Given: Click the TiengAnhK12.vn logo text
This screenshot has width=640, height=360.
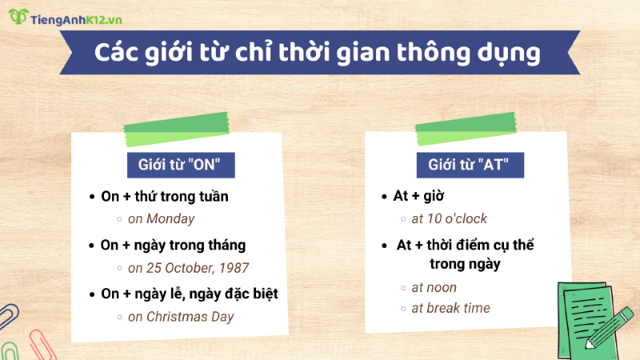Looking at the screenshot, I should [x=79, y=17].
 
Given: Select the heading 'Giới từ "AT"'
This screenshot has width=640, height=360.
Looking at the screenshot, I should [x=469, y=166].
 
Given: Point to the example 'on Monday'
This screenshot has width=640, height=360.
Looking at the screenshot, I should [x=161, y=218].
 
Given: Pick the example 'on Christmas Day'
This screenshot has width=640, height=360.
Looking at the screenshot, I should [x=181, y=316].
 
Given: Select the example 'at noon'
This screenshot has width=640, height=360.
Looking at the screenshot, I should [x=434, y=286].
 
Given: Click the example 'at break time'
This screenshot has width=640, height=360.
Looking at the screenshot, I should [x=450, y=308].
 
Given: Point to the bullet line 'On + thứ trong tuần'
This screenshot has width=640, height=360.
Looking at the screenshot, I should [x=165, y=196].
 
